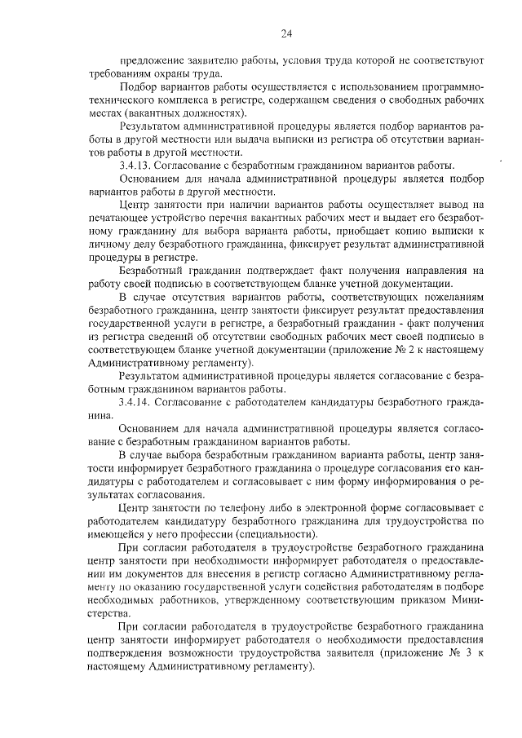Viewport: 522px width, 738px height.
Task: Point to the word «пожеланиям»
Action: (x=453, y=297)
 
